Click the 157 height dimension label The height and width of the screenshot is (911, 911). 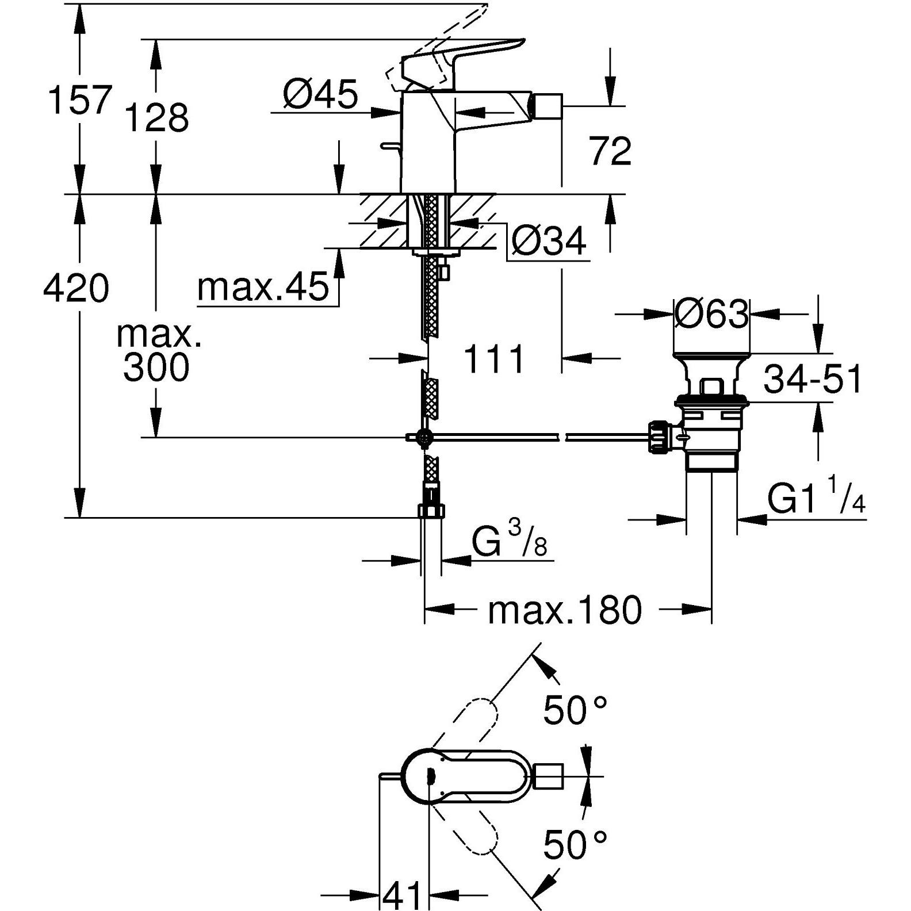pyautogui.click(x=78, y=100)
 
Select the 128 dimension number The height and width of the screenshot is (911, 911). pyautogui.click(x=156, y=118)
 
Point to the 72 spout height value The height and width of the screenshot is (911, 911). pyautogui.click(x=610, y=151)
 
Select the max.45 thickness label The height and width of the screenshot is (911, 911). pyautogui.click(x=263, y=287)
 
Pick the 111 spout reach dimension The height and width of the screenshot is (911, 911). pyautogui.click(x=494, y=359)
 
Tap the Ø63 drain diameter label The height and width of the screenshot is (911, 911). pyautogui.click(x=711, y=314)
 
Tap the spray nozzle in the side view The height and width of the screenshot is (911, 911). pyautogui.click(x=546, y=106)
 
